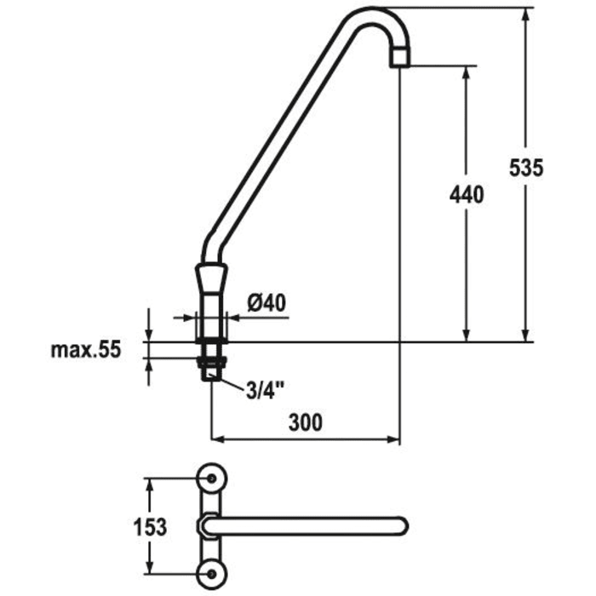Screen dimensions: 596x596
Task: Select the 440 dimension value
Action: pyautogui.click(x=466, y=195)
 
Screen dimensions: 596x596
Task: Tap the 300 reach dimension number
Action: pyautogui.click(x=305, y=423)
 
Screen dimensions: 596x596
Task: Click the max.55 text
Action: pyautogui.click(x=86, y=349)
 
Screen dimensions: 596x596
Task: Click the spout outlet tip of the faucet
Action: pyautogui.click(x=399, y=60)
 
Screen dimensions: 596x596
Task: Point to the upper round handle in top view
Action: pyautogui.click(x=210, y=478)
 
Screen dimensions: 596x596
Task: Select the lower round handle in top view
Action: pyautogui.click(x=210, y=576)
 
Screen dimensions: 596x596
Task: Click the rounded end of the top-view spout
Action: pyautogui.click(x=399, y=526)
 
